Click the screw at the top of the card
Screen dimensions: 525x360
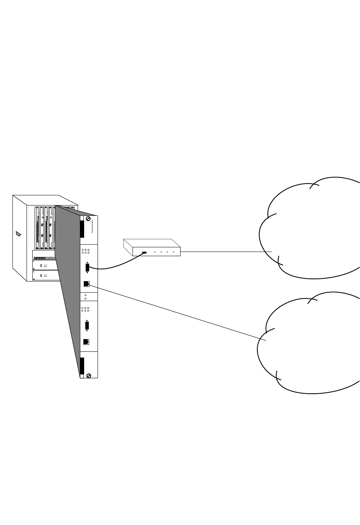point(88,219)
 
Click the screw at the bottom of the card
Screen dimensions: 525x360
point(89,375)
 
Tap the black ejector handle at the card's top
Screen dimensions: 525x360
point(82,229)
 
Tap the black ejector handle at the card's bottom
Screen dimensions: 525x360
point(82,366)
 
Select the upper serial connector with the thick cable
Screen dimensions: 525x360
point(87,267)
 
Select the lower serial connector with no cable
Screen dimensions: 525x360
point(87,326)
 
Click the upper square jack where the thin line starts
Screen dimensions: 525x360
point(86,284)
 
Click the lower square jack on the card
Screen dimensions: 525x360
point(86,342)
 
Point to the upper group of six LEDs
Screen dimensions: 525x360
point(86,252)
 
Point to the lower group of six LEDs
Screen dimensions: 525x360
point(86,309)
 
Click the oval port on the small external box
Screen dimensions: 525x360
point(144,253)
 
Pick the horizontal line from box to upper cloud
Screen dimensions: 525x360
point(227,252)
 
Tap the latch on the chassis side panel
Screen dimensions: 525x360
point(18,234)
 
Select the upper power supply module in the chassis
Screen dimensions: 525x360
point(45,265)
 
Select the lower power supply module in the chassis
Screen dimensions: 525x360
point(45,275)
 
